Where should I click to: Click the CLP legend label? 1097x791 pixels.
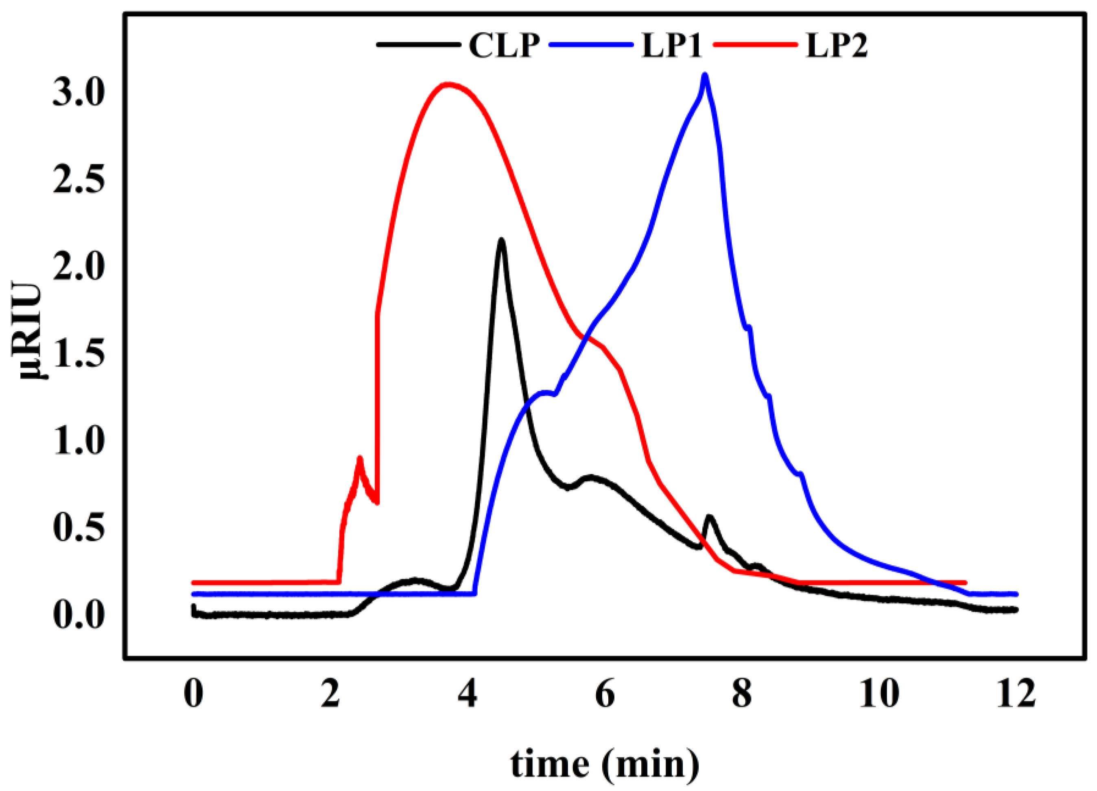[x=503, y=46]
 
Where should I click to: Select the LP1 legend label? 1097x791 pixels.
[x=671, y=46]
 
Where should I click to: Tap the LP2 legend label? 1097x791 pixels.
[x=836, y=46]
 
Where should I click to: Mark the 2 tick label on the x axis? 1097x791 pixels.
[x=331, y=695]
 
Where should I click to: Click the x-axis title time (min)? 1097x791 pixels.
[x=605, y=763]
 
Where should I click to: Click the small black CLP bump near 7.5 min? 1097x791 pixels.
[x=710, y=517]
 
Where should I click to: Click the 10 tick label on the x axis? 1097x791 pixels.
[x=879, y=695]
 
